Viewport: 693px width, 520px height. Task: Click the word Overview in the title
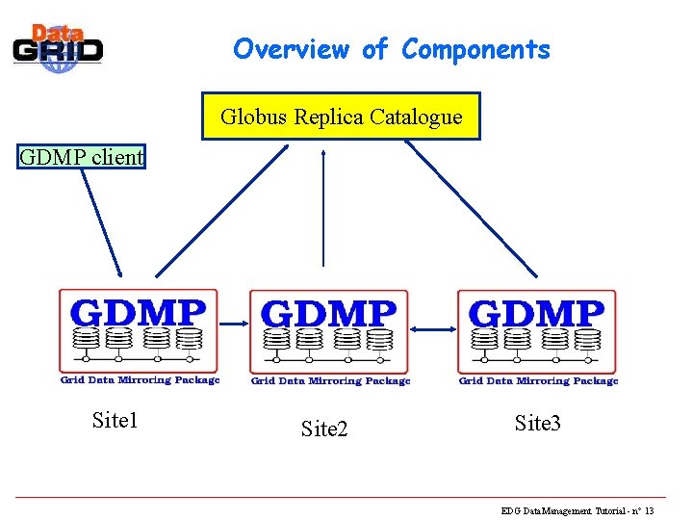pyautogui.click(x=291, y=49)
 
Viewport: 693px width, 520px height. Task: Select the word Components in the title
pyautogui.click(x=476, y=49)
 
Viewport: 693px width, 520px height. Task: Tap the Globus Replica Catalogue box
pyautogui.click(x=341, y=117)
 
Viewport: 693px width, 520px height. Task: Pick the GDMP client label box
pyautogui.click(x=82, y=156)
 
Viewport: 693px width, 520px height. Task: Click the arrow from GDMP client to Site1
pyautogui.click(x=101, y=221)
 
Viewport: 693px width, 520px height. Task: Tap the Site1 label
pyautogui.click(x=115, y=420)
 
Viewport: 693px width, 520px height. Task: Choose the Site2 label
pyautogui.click(x=324, y=429)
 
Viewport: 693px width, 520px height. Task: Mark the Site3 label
pyautogui.click(x=537, y=423)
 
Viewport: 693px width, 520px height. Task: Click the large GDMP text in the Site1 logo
pyautogui.click(x=139, y=313)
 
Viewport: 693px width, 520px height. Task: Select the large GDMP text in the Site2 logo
pyautogui.click(x=328, y=314)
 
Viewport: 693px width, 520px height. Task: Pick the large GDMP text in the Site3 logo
pyautogui.click(x=536, y=314)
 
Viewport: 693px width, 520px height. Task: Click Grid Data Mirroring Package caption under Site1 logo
pyautogui.click(x=140, y=379)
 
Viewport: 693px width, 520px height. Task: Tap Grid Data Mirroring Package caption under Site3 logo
pyautogui.click(x=538, y=380)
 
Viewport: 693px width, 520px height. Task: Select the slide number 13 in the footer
pyautogui.click(x=650, y=510)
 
